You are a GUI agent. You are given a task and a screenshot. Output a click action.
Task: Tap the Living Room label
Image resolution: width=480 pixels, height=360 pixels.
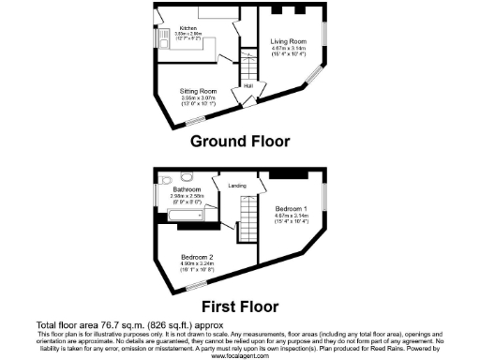(x=289, y=42)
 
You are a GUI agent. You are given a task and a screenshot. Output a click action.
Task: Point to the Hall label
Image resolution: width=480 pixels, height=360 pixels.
(x=248, y=87)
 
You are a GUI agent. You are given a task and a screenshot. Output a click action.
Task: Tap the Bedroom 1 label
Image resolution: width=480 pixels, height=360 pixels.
(x=292, y=207)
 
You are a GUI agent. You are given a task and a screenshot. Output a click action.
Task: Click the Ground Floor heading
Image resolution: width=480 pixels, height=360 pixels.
(x=240, y=142)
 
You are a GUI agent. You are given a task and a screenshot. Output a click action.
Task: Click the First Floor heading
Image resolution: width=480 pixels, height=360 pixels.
(x=240, y=306)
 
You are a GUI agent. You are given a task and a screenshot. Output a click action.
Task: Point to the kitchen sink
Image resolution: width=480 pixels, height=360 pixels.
(x=162, y=40)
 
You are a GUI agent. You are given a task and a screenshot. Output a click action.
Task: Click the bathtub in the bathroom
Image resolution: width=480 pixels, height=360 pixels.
(x=187, y=216)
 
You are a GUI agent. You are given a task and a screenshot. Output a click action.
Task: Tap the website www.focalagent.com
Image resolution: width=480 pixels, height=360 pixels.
(x=240, y=356)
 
